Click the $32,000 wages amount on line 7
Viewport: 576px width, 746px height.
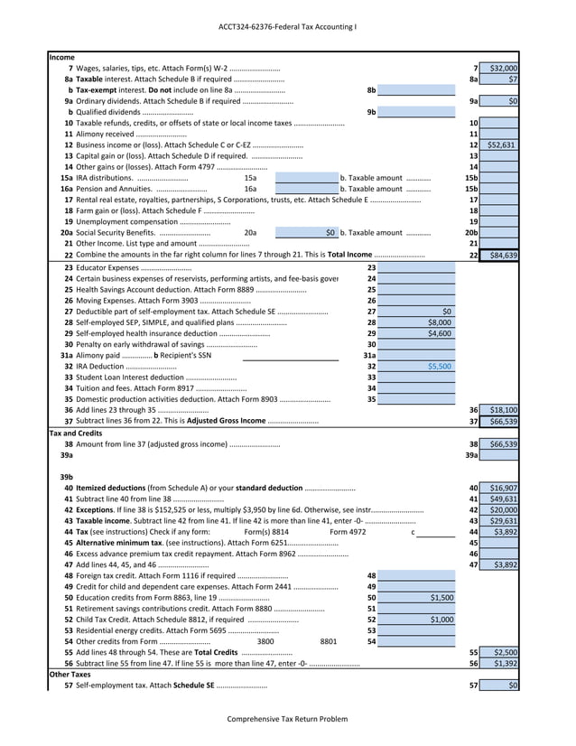(x=503, y=69)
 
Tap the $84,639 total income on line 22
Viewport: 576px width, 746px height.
(x=503, y=256)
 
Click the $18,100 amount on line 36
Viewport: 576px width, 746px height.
(x=503, y=410)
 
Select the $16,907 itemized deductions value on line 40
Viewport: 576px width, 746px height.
(x=503, y=488)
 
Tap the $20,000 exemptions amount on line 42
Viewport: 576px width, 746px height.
(x=503, y=509)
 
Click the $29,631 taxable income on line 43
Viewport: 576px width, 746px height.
(x=503, y=521)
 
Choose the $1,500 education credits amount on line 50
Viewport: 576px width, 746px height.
(x=441, y=598)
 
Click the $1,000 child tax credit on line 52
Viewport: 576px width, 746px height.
(x=441, y=620)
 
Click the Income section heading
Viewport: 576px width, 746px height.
(x=62, y=57)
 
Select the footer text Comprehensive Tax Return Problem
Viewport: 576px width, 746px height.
(x=286, y=719)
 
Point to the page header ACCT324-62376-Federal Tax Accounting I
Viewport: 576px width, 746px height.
(x=287, y=26)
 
